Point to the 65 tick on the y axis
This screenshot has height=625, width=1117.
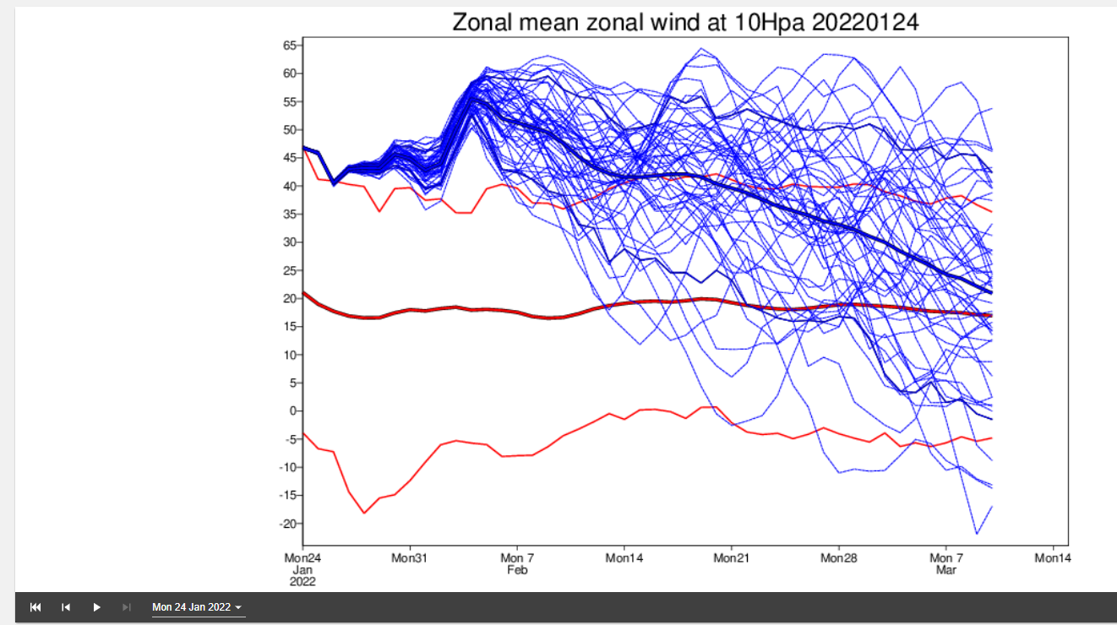pyautogui.click(x=290, y=46)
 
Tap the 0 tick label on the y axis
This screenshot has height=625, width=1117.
pyautogui.click(x=293, y=411)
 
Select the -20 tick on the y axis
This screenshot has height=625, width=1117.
pyautogui.click(x=288, y=524)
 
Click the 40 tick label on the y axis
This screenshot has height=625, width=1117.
pyautogui.click(x=290, y=186)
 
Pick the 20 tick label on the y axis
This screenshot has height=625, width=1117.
pyautogui.click(x=290, y=298)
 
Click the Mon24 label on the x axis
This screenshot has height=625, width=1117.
pyautogui.click(x=303, y=558)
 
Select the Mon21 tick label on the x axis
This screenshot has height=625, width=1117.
pyautogui.click(x=732, y=558)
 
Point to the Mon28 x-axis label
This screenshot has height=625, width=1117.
pyautogui.click(x=839, y=558)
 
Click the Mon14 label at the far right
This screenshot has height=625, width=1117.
pyautogui.click(x=1053, y=558)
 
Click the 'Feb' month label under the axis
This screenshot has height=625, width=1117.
pyautogui.click(x=517, y=570)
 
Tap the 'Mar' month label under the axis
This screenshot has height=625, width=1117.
pyautogui.click(x=946, y=570)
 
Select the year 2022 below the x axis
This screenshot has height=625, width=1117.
pyautogui.click(x=303, y=582)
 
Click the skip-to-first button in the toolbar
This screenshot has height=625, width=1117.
pyautogui.click(x=35, y=607)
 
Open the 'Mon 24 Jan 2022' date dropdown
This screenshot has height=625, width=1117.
pyautogui.click(x=198, y=607)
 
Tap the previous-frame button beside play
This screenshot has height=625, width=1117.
pyautogui.click(x=66, y=607)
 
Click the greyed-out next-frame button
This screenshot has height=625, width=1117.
pyautogui.click(x=127, y=607)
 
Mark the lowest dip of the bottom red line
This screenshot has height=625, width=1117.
pyautogui.click(x=364, y=513)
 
